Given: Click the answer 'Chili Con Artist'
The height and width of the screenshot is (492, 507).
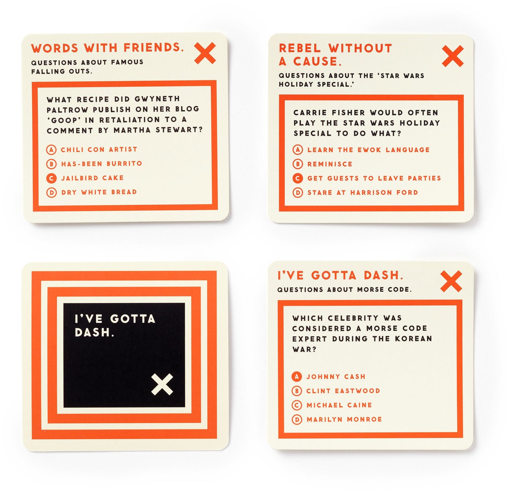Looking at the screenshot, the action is pyautogui.click(x=99, y=149).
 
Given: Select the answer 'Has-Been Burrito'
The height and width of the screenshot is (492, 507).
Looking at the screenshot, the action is pyautogui.click(x=102, y=163).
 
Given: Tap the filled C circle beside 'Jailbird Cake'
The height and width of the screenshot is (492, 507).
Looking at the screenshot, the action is pyautogui.click(x=51, y=178).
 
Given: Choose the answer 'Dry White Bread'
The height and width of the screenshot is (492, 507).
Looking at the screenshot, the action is pyautogui.click(x=99, y=192).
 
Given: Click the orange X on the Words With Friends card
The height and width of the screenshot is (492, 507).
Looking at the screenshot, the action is pyautogui.click(x=205, y=53).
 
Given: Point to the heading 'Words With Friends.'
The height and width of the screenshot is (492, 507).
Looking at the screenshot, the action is pyautogui.click(x=107, y=48).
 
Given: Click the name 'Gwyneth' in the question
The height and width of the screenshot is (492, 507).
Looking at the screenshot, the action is pyautogui.click(x=157, y=99).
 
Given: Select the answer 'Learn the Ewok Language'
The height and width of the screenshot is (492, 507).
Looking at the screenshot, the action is pyautogui.click(x=368, y=150).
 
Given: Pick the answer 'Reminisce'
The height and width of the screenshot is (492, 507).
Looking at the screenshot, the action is pyautogui.click(x=329, y=164).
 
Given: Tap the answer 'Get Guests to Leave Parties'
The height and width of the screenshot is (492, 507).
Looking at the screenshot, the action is pyautogui.click(x=374, y=178).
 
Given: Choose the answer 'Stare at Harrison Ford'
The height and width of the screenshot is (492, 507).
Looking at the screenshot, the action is pyautogui.click(x=363, y=193).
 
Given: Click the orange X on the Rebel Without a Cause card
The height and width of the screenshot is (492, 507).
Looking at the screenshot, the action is pyautogui.click(x=453, y=56).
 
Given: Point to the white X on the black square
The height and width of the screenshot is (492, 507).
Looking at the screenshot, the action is pyautogui.click(x=162, y=384).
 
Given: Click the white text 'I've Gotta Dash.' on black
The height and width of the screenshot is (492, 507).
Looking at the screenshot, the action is pyautogui.click(x=115, y=325).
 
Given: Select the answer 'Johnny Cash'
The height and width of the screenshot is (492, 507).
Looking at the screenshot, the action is pyautogui.click(x=336, y=377).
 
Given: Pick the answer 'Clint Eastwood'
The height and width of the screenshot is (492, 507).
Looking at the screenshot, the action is pyautogui.click(x=343, y=391).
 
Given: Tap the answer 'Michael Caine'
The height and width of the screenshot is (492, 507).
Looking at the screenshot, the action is pyautogui.click(x=339, y=405).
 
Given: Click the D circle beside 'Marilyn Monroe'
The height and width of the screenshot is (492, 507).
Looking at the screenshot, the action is pyautogui.click(x=297, y=420).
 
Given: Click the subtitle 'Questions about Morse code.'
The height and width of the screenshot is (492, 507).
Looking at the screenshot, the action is pyautogui.click(x=345, y=290).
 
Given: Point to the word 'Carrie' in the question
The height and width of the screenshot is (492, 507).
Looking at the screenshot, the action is pyautogui.click(x=310, y=113).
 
